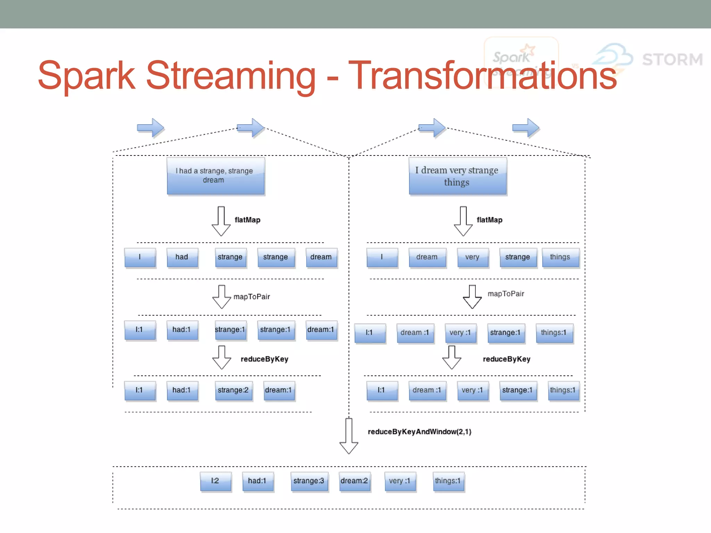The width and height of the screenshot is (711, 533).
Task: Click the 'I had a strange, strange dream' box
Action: coord(216,176)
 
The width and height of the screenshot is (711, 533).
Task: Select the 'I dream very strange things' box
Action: coord(457,176)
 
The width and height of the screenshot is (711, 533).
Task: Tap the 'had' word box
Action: coord(182,257)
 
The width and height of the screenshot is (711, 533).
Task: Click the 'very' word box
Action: coord(472,257)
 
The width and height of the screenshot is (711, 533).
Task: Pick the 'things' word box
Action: coord(560,257)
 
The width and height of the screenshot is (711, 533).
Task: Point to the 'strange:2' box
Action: coord(233,390)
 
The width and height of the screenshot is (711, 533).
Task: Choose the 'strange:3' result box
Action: coord(309,481)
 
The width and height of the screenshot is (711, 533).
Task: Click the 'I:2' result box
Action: coord(215,481)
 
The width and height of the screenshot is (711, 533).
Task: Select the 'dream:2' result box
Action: coord(354,481)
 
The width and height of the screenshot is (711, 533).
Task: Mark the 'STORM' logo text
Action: coord(672,59)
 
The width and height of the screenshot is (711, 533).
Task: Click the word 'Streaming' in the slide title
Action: coord(231,76)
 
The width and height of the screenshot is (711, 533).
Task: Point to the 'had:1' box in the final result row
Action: coord(257,481)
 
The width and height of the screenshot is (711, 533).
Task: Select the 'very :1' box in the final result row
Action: coord(400,481)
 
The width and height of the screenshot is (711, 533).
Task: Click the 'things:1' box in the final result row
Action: coord(448,481)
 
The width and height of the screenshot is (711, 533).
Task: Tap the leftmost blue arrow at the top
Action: coord(150,128)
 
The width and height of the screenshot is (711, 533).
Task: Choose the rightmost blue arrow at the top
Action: coord(526,128)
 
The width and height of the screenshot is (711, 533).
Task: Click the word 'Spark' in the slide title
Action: coord(86,76)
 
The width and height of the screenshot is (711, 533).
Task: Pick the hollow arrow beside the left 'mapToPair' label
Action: coord(221,297)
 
